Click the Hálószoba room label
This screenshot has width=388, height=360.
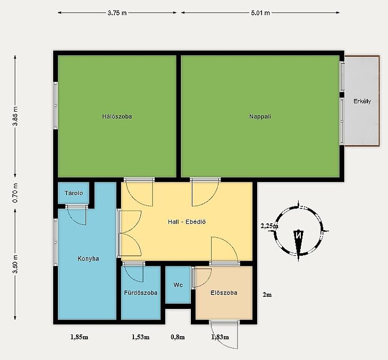click(117, 116)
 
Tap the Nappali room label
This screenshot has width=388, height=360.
click(260, 116)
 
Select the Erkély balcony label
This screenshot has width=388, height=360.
click(362, 101)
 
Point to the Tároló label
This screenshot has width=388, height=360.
click(74, 193)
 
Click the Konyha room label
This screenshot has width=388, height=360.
click(88, 259)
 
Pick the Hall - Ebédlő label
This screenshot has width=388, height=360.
click(187, 222)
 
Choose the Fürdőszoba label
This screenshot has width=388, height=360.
click(140, 292)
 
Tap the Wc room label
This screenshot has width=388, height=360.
click(178, 285)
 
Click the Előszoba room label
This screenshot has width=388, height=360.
click(224, 292)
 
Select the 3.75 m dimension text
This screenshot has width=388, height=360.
click(117, 13)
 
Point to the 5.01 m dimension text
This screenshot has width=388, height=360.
click(260, 13)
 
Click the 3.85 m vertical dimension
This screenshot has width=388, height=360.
click(15, 116)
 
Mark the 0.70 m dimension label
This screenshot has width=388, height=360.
click(15, 193)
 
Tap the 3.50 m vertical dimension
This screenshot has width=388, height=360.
click(15, 264)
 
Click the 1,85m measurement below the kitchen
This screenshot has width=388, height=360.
click(79, 337)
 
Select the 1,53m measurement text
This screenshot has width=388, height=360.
click(140, 337)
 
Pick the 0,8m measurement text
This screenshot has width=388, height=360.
click(178, 337)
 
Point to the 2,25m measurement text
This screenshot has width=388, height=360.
click(269, 226)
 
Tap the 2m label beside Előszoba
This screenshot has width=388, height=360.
click(267, 295)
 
